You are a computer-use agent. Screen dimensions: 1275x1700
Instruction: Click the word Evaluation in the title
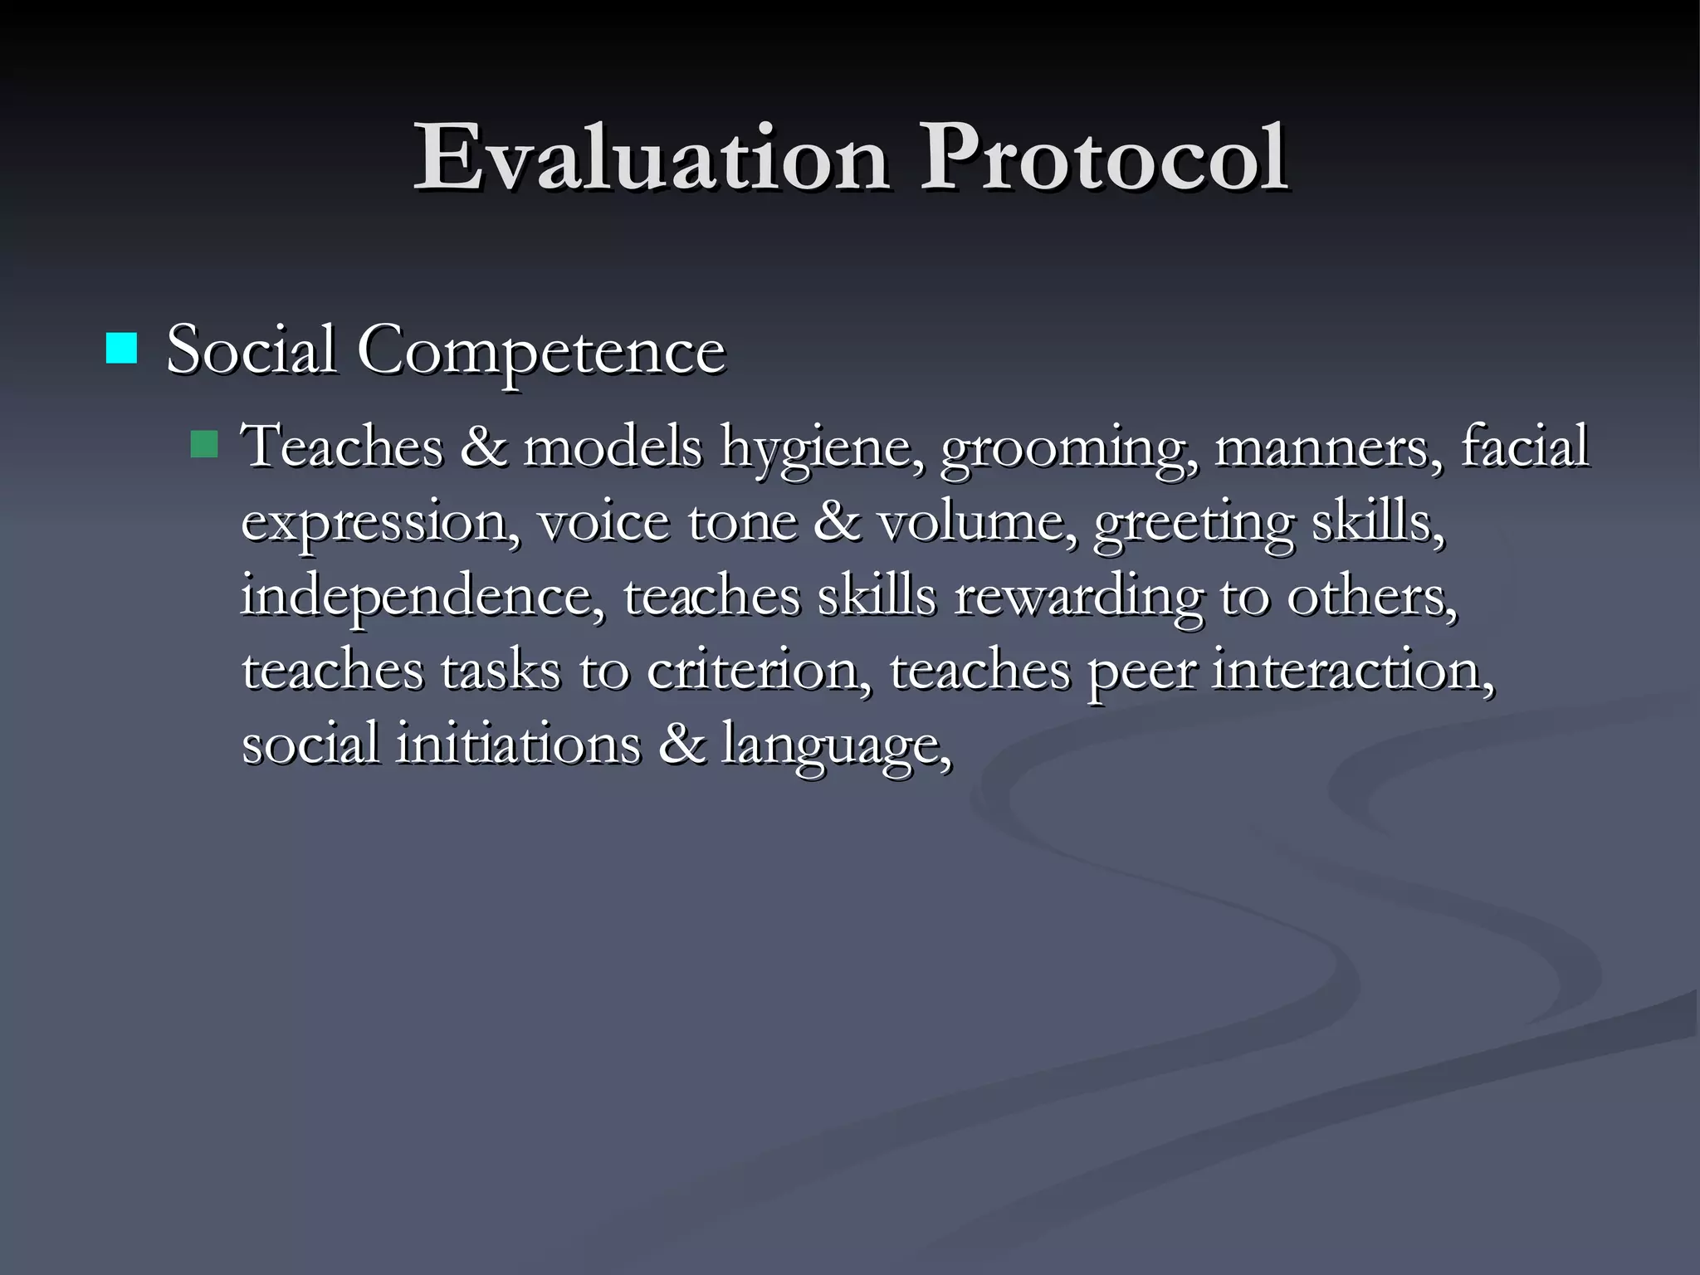[x=652, y=158]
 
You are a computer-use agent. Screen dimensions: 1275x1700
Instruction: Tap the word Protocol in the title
[x=1103, y=158]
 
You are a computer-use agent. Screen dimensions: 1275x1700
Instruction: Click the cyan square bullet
[x=121, y=349]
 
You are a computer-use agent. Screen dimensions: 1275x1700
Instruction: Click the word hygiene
[x=822, y=448]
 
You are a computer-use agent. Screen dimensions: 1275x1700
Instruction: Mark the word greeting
[x=1194, y=523]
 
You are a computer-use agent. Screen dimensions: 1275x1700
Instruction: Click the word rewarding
[x=1078, y=596]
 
